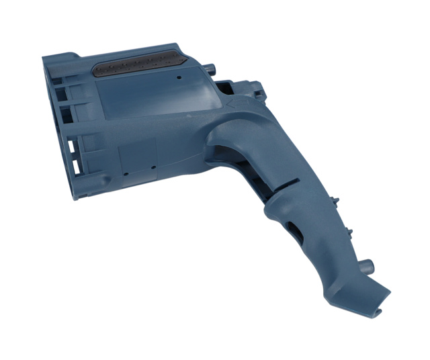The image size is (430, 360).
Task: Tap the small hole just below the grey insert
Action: tap(179, 78)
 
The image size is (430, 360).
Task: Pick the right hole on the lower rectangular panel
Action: tap(153, 165)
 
